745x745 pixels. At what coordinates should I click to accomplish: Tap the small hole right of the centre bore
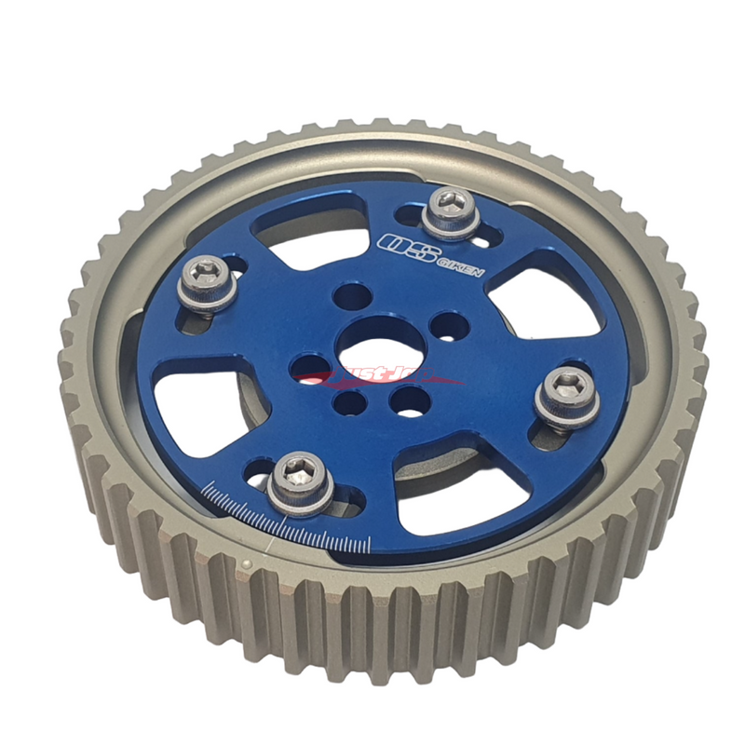449,326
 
